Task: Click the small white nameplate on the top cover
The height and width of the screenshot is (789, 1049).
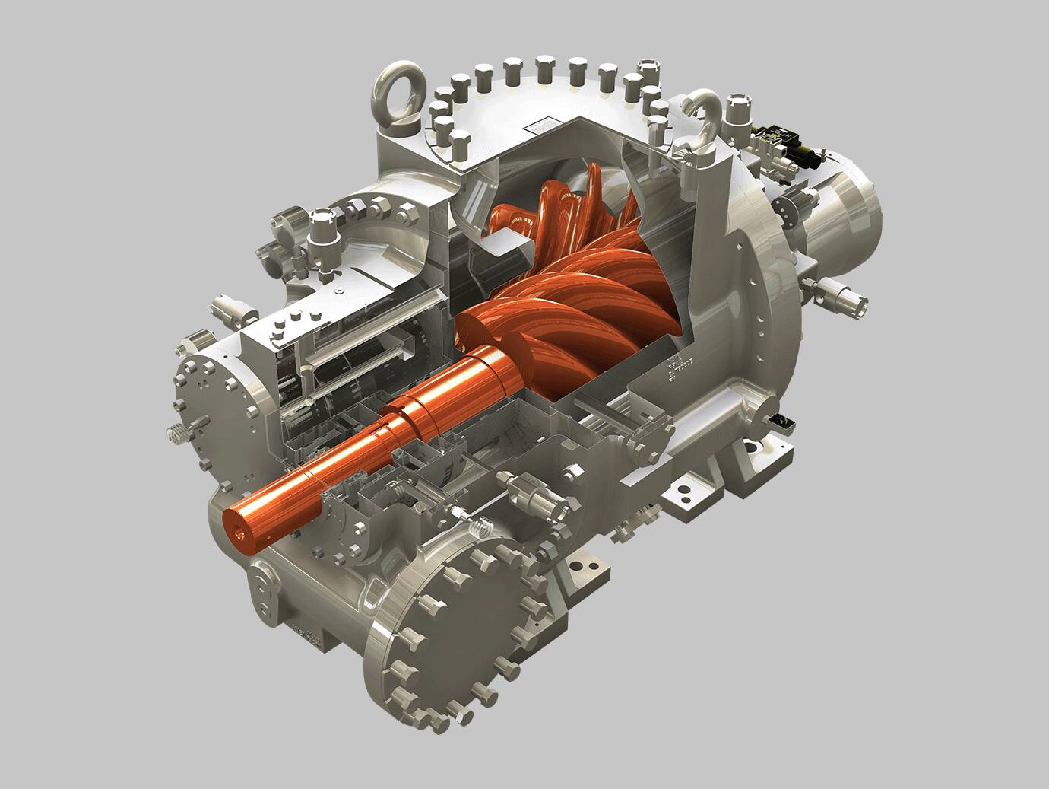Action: [547, 122]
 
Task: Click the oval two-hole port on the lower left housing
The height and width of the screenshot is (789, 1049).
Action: [264, 590]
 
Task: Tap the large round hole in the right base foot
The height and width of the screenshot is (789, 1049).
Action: [753, 449]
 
